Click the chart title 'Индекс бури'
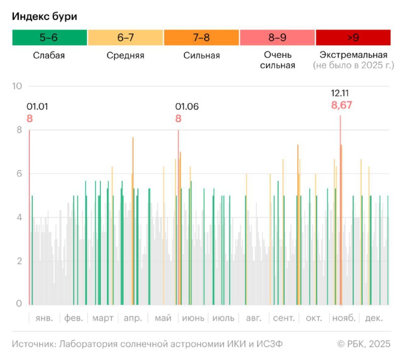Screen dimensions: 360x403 (x=45, y=16)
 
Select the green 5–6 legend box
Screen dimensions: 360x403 (x=49, y=38)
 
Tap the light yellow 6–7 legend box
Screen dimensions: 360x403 (x=125, y=38)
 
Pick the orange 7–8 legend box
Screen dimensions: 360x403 (x=201, y=38)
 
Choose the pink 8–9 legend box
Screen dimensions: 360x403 (x=277, y=38)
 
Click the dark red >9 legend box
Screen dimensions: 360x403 (x=353, y=38)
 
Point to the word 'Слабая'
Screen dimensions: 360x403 (x=49, y=55)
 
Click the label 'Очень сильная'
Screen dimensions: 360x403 (x=278, y=60)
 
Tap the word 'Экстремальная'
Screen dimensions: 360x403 (x=354, y=55)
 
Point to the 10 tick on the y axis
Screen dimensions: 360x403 (x=17, y=86)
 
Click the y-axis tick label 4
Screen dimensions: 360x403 (x=19, y=218)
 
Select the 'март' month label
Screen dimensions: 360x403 (x=103, y=319)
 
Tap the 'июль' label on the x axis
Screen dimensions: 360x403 (x=223, y=319)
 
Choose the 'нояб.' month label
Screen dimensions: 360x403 (x=344, y=319)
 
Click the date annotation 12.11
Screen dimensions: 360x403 (x=340, y=93)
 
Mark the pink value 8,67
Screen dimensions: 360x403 (x=342, y=105)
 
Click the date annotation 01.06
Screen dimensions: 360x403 (x=187, y=106)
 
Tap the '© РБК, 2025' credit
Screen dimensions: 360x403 (x=364, y=344)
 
